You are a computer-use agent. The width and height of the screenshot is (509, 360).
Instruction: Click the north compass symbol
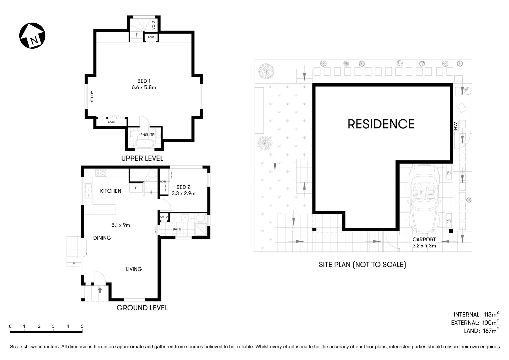[32, 36]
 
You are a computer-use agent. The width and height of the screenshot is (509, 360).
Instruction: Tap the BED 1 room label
[144, 81]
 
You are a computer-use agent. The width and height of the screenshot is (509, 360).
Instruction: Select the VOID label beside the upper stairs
[153, 25]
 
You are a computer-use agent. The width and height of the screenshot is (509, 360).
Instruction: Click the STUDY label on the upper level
[92, 97]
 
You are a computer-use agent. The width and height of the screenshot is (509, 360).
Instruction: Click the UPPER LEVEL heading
[142, 158]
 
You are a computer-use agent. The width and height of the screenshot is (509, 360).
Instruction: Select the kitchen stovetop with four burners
[101, 173]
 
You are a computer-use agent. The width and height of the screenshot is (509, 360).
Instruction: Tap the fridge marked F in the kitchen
[136, 188]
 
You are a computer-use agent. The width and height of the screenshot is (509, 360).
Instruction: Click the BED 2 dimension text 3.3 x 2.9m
[183, 193]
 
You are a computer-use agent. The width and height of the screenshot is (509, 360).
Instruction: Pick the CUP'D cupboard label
[164, 217]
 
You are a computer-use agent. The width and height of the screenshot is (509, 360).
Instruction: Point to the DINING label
[102, 238]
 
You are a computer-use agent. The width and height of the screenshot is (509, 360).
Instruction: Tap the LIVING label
[134, 269]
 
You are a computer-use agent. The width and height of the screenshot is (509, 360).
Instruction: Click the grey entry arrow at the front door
[100, 290]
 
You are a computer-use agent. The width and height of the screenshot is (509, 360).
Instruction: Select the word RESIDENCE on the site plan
[381, 124]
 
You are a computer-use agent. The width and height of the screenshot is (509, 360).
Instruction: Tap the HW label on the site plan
[455, 126]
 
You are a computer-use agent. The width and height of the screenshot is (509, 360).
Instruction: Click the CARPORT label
[424, 239]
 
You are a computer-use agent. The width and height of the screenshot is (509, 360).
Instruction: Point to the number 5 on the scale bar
[82, 326]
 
